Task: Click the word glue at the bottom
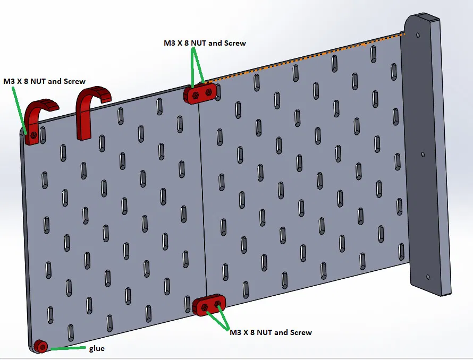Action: [96, 348]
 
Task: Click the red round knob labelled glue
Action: [40, 347]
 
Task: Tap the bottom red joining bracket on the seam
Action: [209, 305]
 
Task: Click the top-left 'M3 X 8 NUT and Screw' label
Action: [44, 81]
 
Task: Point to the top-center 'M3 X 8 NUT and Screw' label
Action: [205, 42]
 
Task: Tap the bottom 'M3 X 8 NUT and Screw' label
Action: [271, 332]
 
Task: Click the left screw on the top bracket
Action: [196, 96]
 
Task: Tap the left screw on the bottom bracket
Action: [204, 306]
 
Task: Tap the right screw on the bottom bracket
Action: [217, 303]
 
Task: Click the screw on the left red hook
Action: [34, 135]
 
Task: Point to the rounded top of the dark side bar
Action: [420, 21]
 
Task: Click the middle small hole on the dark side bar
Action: [423, 155]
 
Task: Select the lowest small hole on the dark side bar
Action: [428, 277]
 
